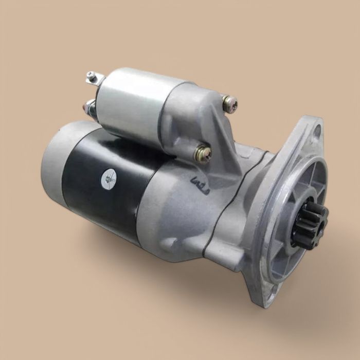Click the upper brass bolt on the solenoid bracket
point(230,104)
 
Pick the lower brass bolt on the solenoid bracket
point(202,153)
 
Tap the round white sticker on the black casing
point(109,178)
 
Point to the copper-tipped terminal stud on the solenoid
point(89,107)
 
